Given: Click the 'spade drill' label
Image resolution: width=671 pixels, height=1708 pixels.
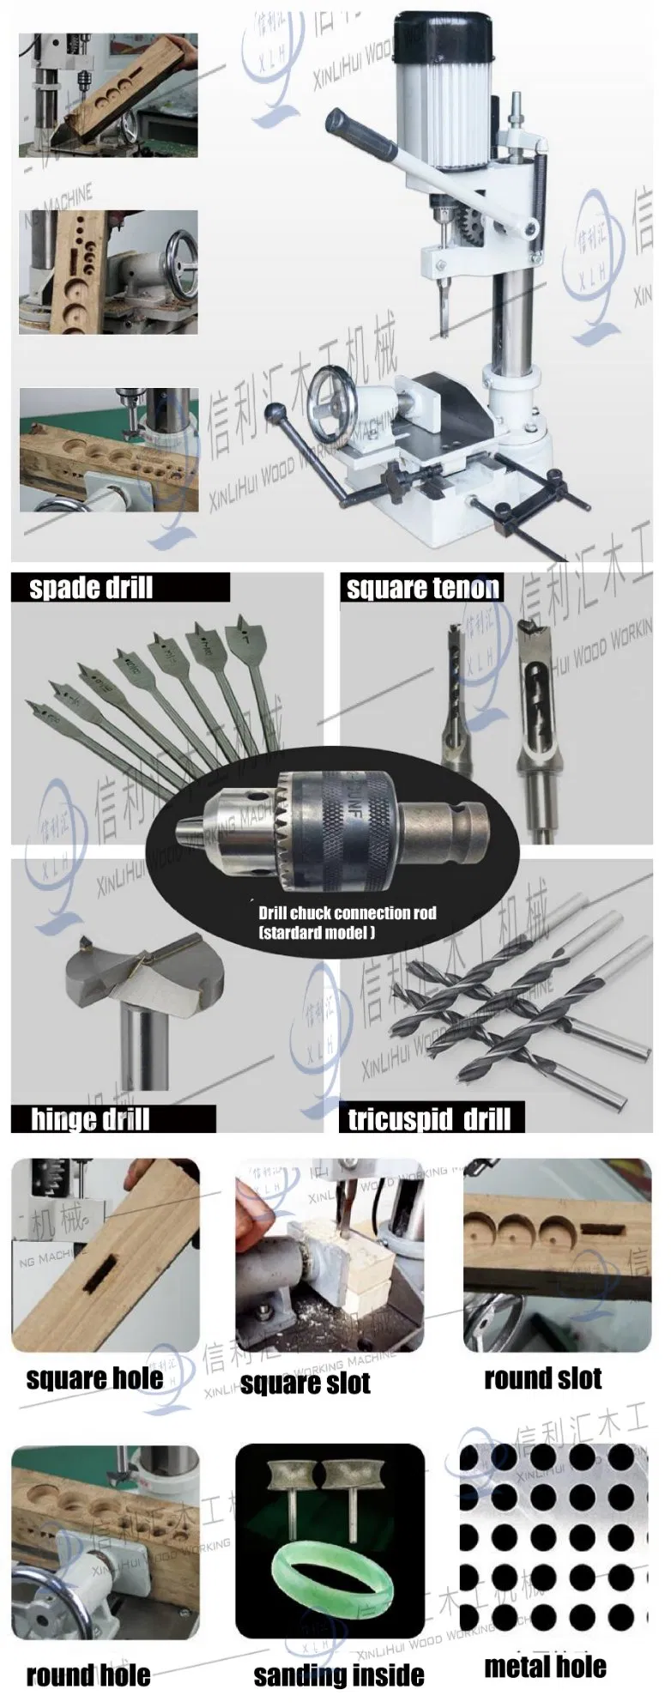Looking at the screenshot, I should pos(91,588).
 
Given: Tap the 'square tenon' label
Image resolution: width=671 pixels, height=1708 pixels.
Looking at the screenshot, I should pos(422,588).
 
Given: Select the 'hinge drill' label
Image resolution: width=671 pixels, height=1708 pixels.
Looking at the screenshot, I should pos(90,1119).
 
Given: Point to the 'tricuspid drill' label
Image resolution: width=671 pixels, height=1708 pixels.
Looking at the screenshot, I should pos(429,1119).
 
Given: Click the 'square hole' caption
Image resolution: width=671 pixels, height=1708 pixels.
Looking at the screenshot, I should pos(94,1378).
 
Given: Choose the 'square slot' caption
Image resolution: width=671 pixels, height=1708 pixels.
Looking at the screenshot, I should pos(305,1383).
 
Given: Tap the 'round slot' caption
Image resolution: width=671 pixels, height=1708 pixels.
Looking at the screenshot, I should pos(542,1378).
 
